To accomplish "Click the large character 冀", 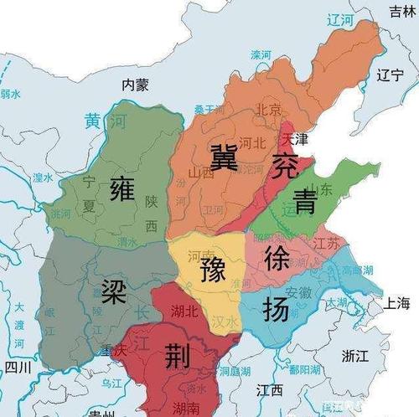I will [224, 156].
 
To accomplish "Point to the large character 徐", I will [277, 258].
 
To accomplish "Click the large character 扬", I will [277, 309].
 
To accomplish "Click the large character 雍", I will [122, 192].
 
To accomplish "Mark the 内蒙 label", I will [134, 84].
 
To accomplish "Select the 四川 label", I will [17, 367].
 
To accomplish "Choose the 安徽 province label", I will [300, 293].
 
